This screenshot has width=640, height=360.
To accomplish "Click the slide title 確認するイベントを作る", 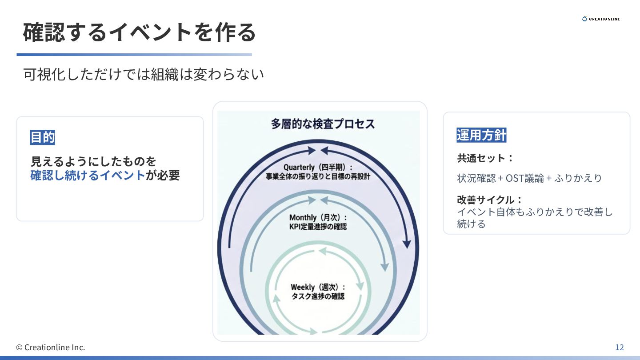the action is tap(139, 32).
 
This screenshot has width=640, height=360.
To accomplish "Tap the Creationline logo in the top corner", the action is tap(601, 19).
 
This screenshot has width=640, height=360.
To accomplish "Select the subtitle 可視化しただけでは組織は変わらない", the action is tap(144, 74).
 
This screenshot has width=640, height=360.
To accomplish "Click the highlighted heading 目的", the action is tap(42, 137).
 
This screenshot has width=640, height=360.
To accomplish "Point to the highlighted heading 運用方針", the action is tap(481, 135).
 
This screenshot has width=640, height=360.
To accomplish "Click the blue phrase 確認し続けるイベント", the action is tap(88, 175).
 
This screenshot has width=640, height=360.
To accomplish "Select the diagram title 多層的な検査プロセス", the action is tap(323, 124).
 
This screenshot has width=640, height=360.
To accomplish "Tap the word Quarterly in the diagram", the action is tap(299, 167).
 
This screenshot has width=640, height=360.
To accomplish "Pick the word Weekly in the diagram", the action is tap(302, 287).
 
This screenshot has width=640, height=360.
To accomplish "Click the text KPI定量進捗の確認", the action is tap(318, 227).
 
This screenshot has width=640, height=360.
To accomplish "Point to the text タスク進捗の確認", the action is tap(318, 296).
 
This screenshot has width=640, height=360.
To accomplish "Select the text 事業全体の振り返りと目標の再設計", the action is tap(318, 176).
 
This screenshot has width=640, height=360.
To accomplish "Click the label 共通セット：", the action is tap(485, 158).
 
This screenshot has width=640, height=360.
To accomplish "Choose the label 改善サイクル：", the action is tap(490, 200).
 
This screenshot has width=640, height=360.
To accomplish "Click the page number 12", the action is tap(619, 347).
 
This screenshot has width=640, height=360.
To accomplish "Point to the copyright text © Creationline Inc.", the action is tap(51, 347).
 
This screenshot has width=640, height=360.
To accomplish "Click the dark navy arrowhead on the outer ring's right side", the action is tap(406, 244).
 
